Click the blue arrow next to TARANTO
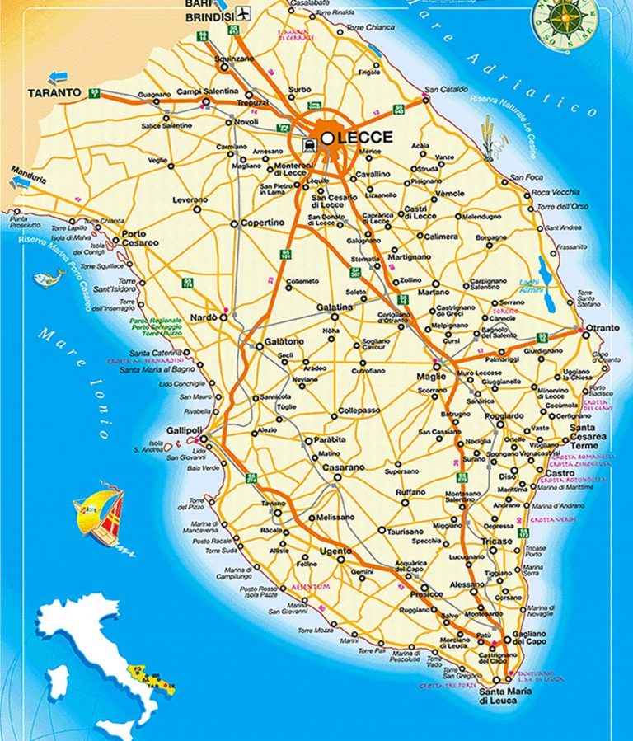pyautogui.click(x=58, y=77)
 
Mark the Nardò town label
pyautogui.click(x=204, y=317)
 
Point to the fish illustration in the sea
pyautogui.click(x=49, y=278)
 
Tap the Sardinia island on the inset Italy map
pyautogui.click(x=58, y=681)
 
